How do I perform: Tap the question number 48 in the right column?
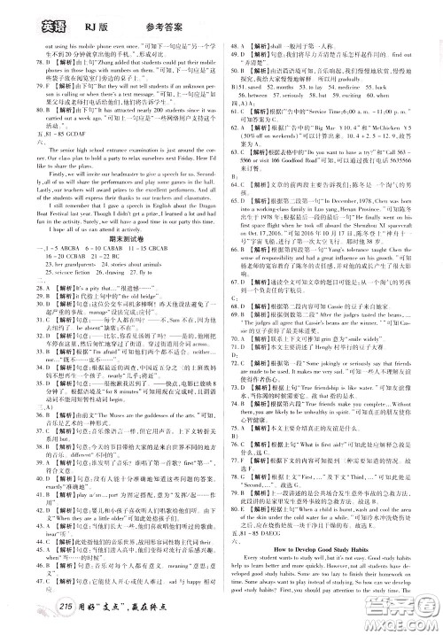click(x=233, y=44)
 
